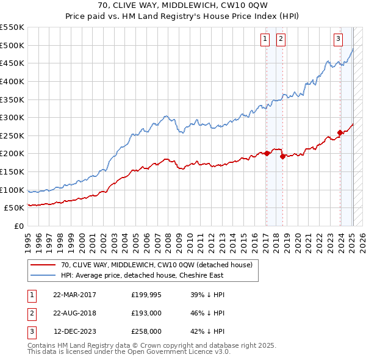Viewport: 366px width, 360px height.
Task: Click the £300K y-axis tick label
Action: tap(12, 117)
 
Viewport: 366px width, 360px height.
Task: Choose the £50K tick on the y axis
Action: tap(15, 207)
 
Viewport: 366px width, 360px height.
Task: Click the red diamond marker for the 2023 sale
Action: tap(340, 132)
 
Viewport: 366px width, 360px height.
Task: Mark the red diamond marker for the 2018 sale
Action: tap(282, 156)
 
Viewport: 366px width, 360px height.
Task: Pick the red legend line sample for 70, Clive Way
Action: tap(43, 265)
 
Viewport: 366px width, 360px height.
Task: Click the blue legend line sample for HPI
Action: tap(43, 275)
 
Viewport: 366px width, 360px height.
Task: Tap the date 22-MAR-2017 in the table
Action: tap(75, 295)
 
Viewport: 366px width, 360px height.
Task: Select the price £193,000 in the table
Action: tap(146, 313)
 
